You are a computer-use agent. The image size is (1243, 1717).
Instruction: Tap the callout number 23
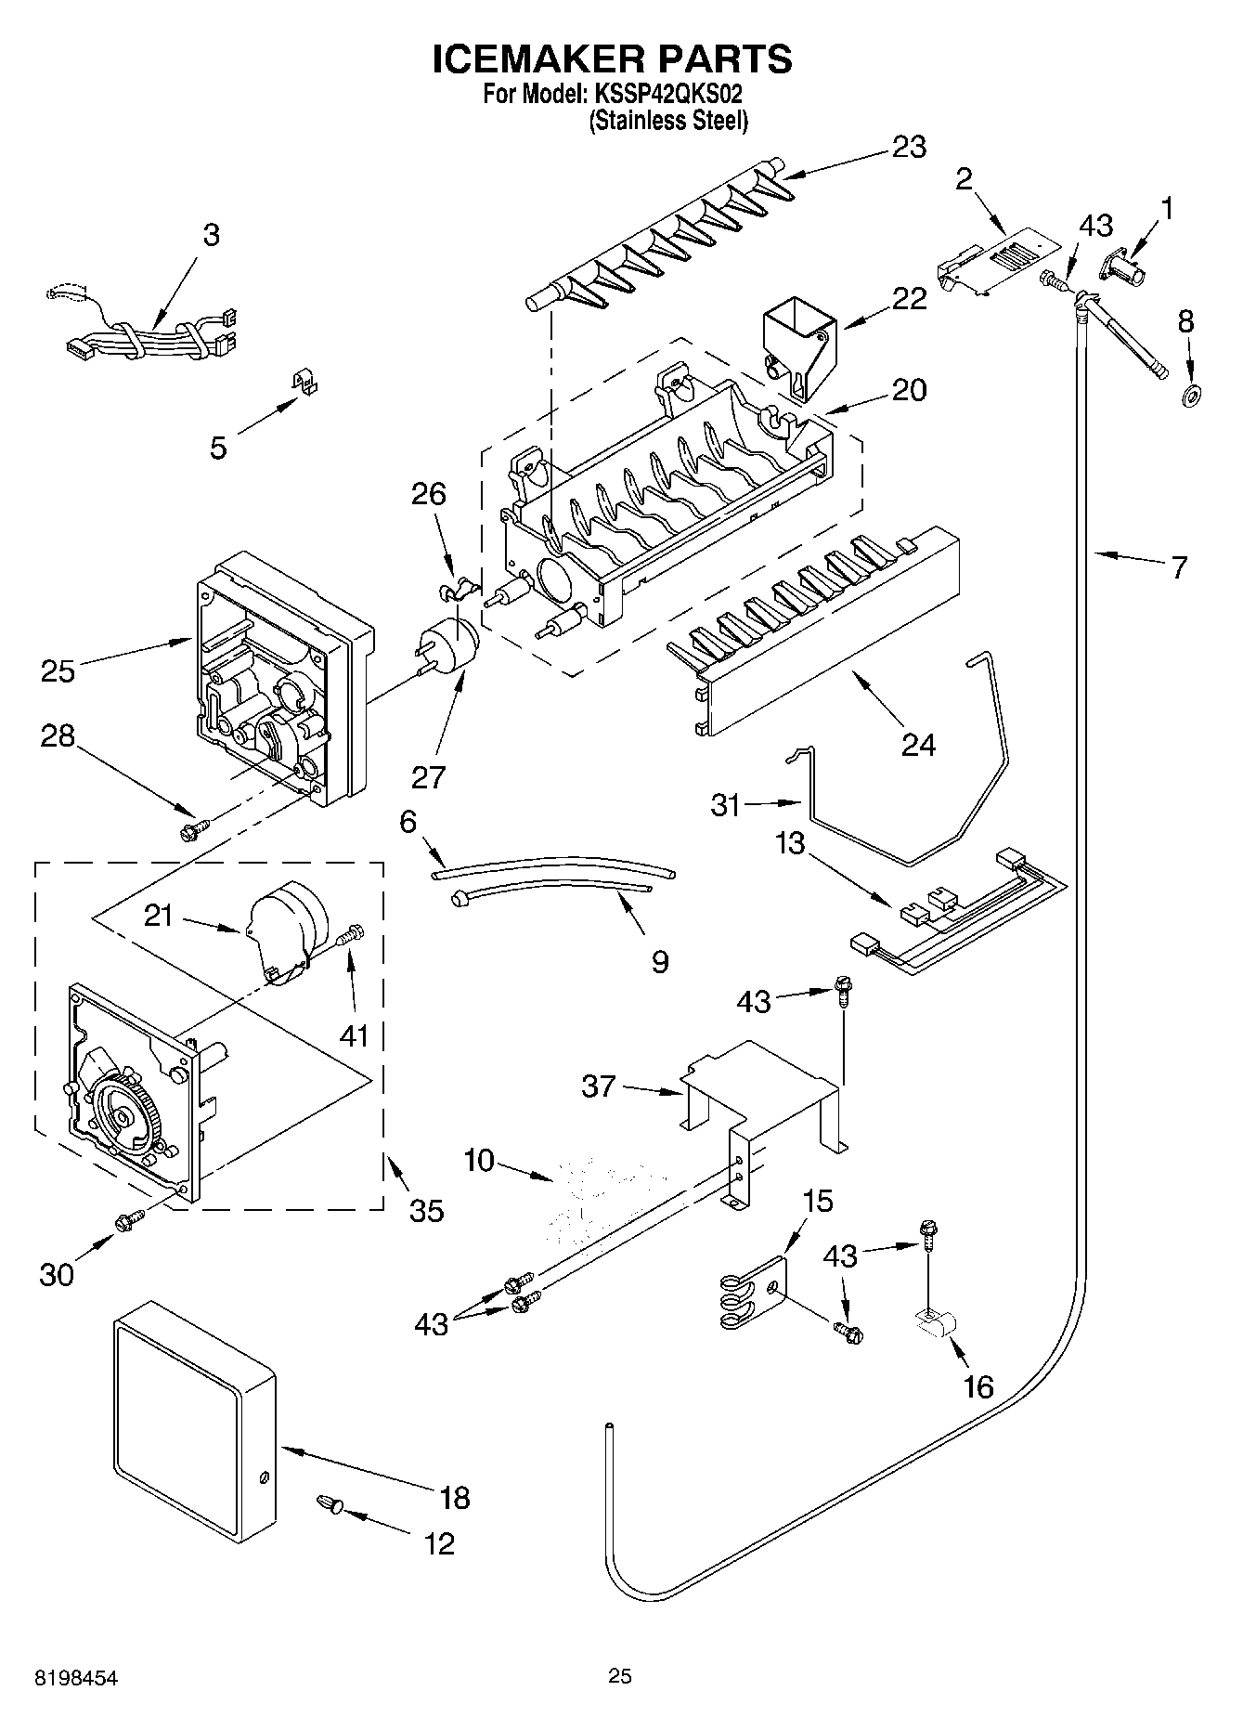pyautogui.click(x=909, y=148)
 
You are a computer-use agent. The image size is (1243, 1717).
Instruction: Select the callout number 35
pyautogui.click(x=426, y=1211)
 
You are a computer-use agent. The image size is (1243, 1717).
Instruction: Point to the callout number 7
pyautogui.click(x=1179, y=567)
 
